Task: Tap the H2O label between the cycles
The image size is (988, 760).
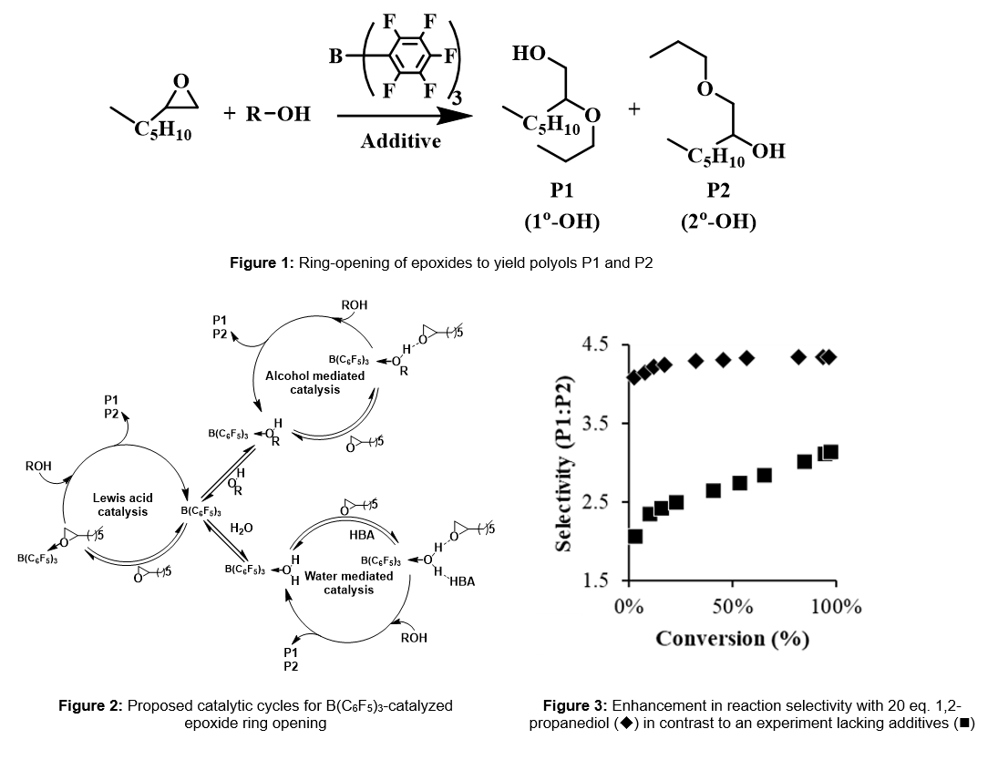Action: click(242, 528)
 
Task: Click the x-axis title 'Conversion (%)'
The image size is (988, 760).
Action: click(732, 638)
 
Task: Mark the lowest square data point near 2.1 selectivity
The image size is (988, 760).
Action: click(635, 536)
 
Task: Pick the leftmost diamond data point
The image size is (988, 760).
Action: click(634, 377)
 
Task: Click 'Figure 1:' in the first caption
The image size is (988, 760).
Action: click(262, 263)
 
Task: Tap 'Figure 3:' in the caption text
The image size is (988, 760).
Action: click(575, 706)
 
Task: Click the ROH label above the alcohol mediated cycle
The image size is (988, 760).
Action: click(355, 305)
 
